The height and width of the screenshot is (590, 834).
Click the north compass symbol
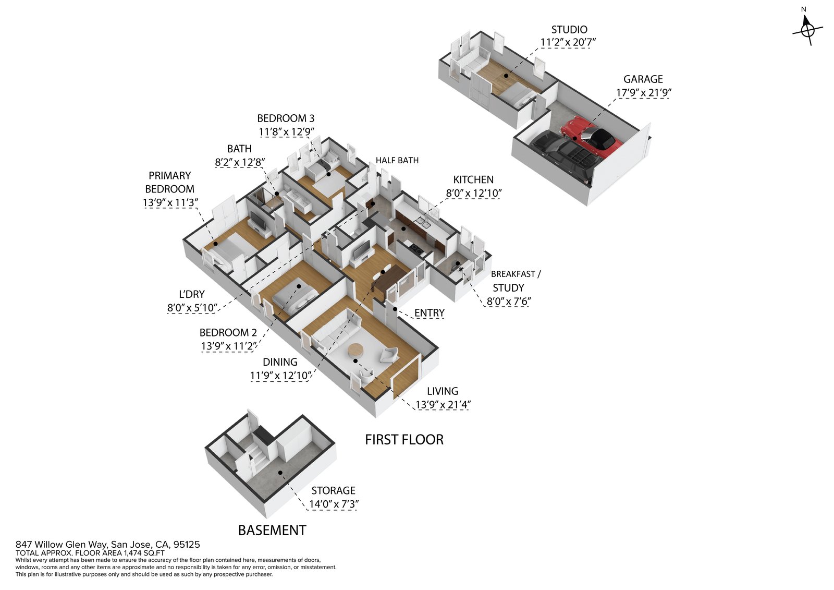(x=807, y=30)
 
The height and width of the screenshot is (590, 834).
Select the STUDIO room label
(x=569, y=30)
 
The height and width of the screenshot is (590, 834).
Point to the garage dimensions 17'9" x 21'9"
(x=643, y=93)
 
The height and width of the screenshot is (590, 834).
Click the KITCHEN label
(x=473, y=179)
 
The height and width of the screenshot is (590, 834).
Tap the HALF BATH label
(x=397, y=160)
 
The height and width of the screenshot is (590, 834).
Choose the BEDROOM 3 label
(x=286, y=118)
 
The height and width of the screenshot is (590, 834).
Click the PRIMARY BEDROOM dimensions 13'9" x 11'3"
(x=170, y=202)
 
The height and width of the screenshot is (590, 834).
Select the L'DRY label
(x=192, y=294)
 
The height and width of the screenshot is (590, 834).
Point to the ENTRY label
(x=429, y=313)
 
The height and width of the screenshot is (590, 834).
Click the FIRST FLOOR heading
(x=404, y=440)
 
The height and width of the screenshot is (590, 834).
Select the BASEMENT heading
(x=272, y=531)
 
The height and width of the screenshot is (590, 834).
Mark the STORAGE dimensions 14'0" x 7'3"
(x=334, y=504)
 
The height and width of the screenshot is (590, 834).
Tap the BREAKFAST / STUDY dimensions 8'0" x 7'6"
(x=508, y=302)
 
